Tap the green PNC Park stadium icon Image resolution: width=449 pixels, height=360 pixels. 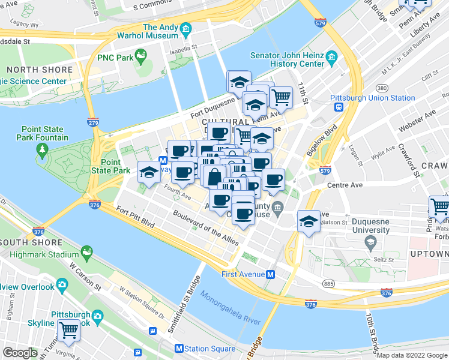(141, 58)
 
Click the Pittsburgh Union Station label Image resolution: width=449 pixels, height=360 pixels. (372, 98)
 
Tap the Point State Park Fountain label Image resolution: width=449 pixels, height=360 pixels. (44, 133)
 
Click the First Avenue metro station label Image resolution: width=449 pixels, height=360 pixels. (243, 274)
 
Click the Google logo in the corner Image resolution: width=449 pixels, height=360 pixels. (20, 353)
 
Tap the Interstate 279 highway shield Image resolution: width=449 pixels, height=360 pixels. (92, 122)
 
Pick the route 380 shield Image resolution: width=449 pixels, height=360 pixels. (382, 88)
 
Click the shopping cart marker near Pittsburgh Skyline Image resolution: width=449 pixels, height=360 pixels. (68, 330)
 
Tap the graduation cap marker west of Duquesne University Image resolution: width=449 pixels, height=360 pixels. (309, 222)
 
